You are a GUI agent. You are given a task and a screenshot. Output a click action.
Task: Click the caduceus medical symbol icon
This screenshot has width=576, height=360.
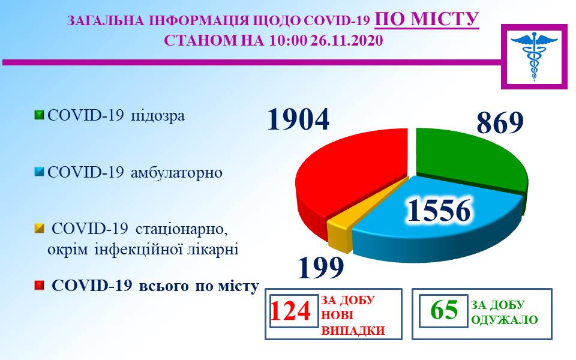click(534, 56)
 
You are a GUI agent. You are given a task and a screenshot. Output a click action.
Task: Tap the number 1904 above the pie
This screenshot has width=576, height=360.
click(298, 119)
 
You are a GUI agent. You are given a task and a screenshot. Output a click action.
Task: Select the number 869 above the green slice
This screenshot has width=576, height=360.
click(500, 122)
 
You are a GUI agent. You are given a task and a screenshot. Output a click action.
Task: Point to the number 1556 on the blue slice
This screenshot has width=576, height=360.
click(439, 211)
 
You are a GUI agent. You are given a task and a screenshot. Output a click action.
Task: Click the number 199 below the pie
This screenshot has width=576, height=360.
click(321, 267)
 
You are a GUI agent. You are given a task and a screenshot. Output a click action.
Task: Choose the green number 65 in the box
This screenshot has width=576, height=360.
click(444, 310)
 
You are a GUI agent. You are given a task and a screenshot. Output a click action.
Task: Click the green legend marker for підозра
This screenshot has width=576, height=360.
click(39, 115)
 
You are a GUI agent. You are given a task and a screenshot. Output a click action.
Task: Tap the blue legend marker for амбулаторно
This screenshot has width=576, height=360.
click(39, 172)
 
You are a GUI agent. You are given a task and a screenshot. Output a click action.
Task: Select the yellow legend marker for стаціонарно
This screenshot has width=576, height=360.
click(39, 229)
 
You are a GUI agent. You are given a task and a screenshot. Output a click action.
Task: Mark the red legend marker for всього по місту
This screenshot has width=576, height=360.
click(39, 286)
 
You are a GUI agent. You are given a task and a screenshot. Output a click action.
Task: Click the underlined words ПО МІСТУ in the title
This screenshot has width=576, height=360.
click(427, 19)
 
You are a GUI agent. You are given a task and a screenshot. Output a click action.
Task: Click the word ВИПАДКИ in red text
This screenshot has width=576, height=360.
click(353, 331)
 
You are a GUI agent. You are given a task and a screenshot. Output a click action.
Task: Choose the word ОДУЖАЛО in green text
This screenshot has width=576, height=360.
click(504, 320)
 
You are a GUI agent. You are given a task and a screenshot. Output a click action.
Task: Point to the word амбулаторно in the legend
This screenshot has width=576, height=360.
click(176, 172)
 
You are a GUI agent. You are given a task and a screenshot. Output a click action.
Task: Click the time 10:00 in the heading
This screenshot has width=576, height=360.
click(287, 40)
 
